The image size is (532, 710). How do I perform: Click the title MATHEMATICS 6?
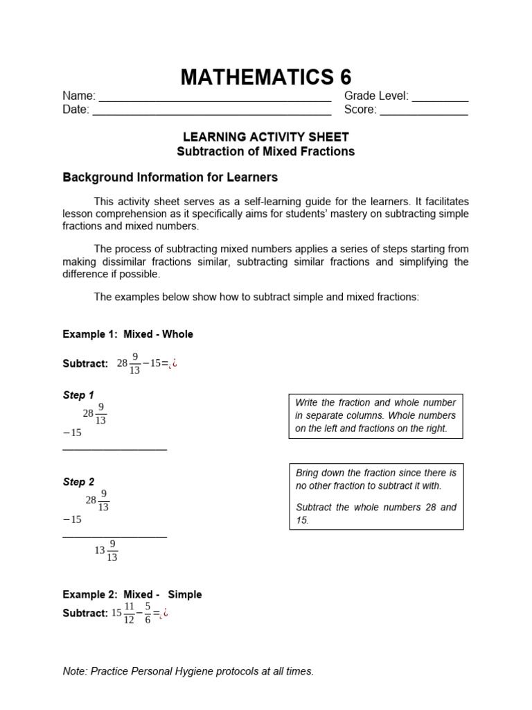[266, 77]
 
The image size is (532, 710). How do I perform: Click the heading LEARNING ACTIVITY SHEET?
[266, 137]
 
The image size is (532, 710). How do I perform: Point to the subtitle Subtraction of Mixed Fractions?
[266, 151]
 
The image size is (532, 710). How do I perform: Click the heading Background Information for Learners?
[170, 177]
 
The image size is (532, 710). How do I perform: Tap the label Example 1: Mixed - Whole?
[128, 334]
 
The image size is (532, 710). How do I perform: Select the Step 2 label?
[78, 482]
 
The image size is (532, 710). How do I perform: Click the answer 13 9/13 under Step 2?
[106, 551]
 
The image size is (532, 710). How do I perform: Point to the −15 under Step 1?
[72, 433]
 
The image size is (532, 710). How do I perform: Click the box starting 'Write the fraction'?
[375, 415]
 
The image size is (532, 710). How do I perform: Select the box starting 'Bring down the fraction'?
[375, 496]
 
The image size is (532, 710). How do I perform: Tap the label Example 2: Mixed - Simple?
[132, 594]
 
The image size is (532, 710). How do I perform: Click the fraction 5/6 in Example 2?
[148, 613]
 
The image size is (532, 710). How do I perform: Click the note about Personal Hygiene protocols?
[188, 671]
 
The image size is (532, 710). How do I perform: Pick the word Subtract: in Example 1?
[85, 364]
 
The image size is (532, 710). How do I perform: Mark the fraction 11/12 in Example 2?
[129, 613]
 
